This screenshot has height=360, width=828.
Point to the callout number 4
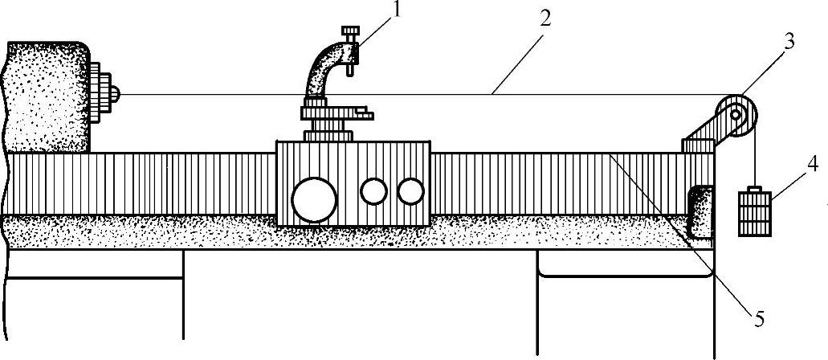(812, 166)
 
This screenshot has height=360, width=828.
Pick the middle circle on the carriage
(373, 191)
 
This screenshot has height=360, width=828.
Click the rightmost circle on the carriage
(410, 191)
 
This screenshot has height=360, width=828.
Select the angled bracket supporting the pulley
(707, 133)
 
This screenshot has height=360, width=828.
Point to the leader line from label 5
(683, 233)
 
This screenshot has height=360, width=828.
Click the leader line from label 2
(518, 56)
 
